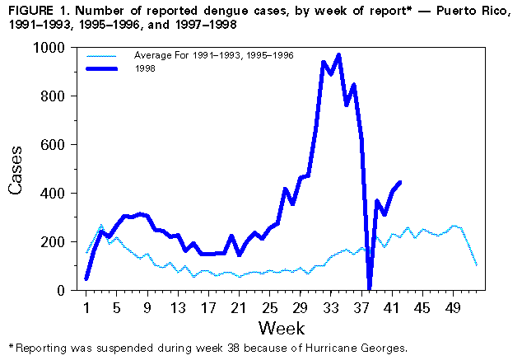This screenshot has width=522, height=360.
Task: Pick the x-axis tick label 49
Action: pyautogui.click(x=452, y=308)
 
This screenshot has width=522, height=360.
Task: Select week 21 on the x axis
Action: pyautogui.click(x=238, y=308)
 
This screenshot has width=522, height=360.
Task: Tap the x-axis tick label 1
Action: pyautogui.click(x=86, y=308)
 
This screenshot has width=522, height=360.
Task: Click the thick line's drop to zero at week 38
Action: pyautogui.click(x=369, y=288)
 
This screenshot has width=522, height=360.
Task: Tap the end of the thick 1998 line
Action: pyautogui.click(x=399, y=182)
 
